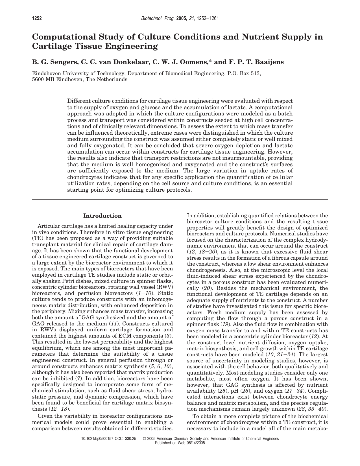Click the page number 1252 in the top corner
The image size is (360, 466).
(37, 19)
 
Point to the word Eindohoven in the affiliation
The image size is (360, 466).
(47, 73)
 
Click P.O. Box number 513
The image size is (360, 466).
(256, 73)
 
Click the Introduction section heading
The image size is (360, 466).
(102, 216)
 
